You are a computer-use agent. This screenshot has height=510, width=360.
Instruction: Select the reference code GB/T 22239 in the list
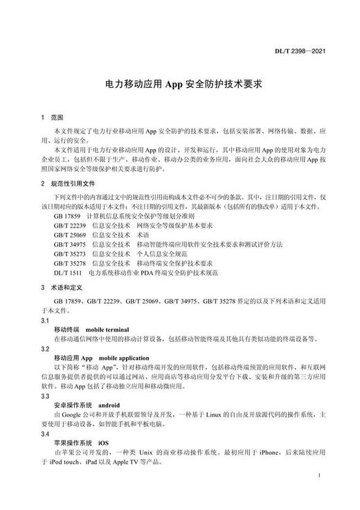pos(70,226)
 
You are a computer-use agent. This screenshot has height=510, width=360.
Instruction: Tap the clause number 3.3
pos(45,395)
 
